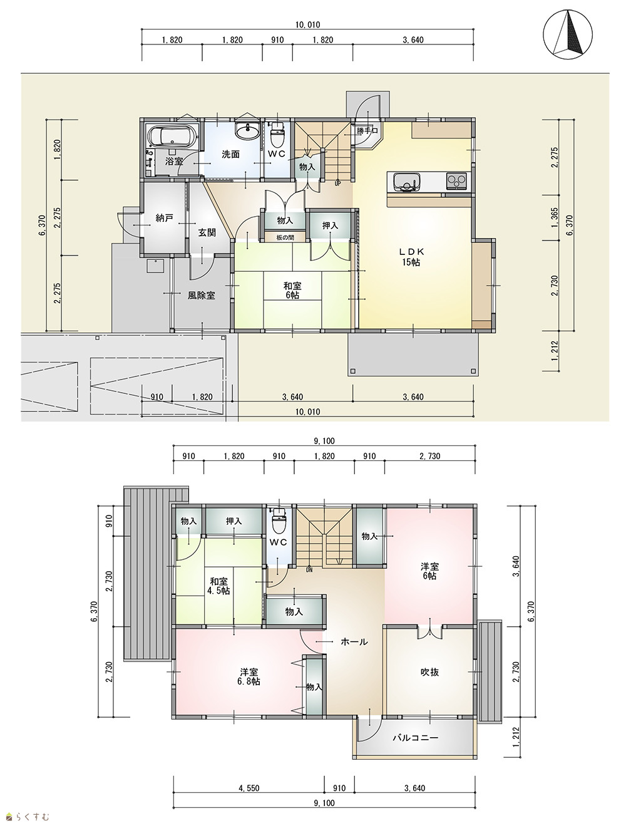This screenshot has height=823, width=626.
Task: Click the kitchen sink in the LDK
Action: (406, 182)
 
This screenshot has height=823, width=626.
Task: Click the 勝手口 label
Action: (367, 131)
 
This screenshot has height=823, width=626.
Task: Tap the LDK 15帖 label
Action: (411, 256)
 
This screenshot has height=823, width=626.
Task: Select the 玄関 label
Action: (207, 232)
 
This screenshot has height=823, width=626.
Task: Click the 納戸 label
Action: (164, 218)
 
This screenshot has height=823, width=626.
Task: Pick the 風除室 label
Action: (202, 295)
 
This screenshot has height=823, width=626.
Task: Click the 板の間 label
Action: (285, 237)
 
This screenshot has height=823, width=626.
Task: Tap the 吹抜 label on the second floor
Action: (429, 672)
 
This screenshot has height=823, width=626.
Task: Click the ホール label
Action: (354, 642)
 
